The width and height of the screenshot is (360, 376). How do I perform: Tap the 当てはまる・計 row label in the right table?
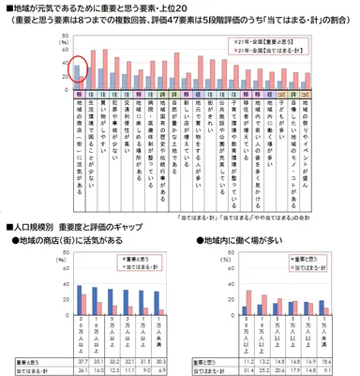(x=207, y=368)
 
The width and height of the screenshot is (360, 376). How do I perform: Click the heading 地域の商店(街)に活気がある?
(x=69, y=240)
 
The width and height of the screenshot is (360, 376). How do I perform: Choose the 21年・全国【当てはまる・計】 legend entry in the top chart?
(x=304, y=53)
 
